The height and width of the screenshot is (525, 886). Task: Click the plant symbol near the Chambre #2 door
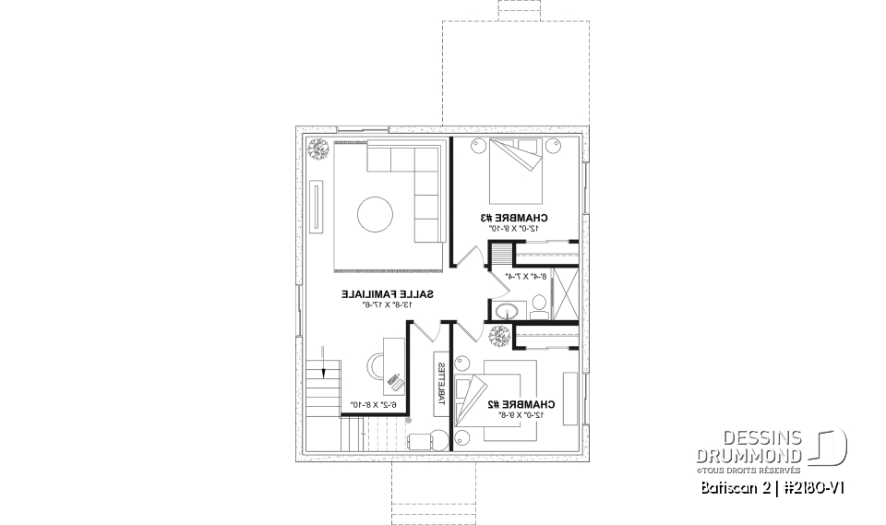502,337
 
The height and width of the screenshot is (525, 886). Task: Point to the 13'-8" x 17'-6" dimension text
389,304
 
